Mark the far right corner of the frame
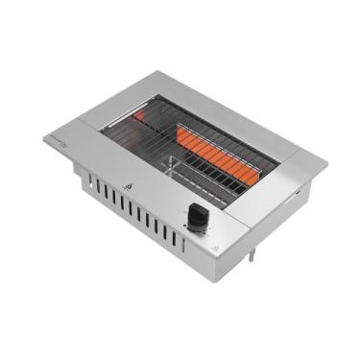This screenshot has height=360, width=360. coord(326,163)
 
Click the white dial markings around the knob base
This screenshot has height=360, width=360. coord(198,230)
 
